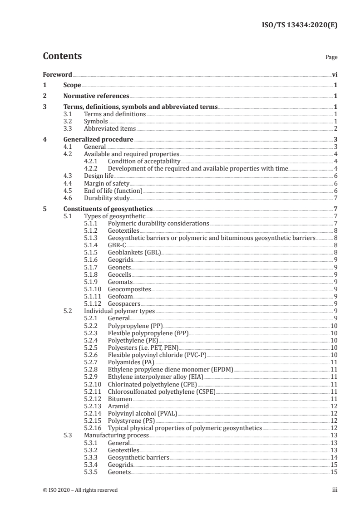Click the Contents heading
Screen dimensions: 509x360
[62, 57]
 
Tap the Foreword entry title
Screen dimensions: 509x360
[57, 74]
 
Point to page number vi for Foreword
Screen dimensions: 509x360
[335, 74]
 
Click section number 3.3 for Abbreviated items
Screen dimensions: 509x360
[68, 129]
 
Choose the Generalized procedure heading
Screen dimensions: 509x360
[98, 140]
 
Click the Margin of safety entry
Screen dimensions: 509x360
[107, 183]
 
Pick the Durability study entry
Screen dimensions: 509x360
[107, 198]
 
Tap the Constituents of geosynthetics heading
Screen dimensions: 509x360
[108, 209]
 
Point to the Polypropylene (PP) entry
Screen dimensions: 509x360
[135, 326]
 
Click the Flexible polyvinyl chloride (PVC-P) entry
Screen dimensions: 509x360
[153, 355]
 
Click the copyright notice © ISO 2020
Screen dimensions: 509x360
[80, 490]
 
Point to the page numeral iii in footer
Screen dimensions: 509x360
[335, 490]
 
